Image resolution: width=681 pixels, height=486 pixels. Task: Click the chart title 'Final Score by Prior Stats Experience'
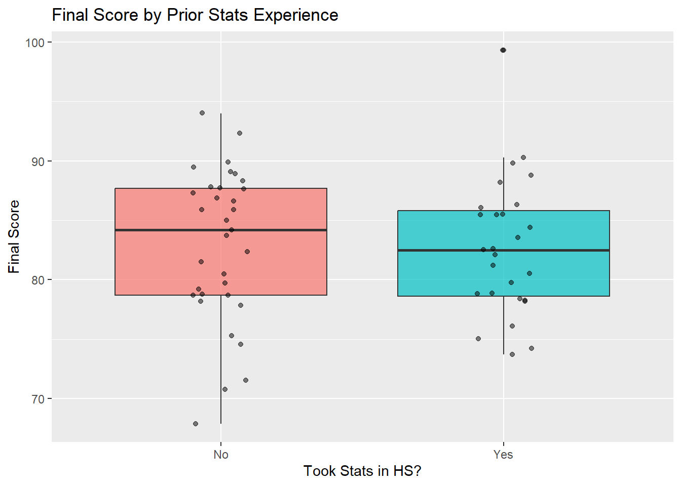coord(195,15)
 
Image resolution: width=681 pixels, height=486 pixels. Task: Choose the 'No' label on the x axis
coord(221,455)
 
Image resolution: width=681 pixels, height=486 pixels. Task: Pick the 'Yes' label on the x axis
coord(503,455)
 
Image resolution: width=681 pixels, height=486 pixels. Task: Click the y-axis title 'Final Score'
coord(14,236)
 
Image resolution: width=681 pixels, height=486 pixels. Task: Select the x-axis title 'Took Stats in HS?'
coord(362,471)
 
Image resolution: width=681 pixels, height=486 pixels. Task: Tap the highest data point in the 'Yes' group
coord(503,50)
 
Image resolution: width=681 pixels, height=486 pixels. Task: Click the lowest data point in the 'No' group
coord(196,424)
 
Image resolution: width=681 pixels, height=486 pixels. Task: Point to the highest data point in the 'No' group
coord(202,113)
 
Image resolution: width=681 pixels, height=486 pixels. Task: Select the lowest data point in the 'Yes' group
coord(512,354)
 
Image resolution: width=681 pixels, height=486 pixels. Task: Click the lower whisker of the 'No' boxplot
coord(221,364)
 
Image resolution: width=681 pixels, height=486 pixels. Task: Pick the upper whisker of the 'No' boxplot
coord(221,152)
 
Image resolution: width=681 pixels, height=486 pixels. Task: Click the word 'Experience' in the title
coord(296,15)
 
